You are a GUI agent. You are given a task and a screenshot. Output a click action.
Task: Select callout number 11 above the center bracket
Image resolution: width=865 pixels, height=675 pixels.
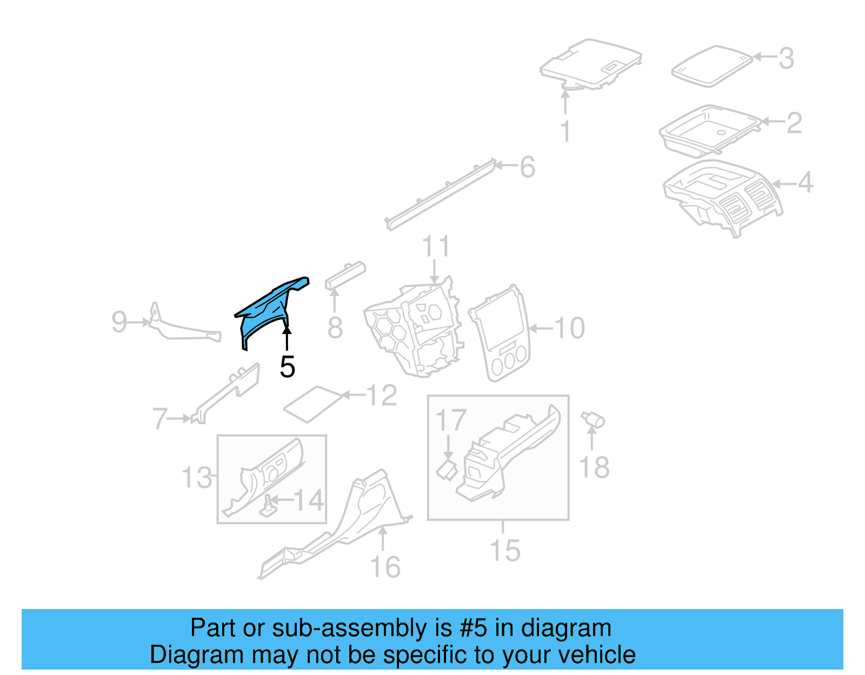[x=435, y=247]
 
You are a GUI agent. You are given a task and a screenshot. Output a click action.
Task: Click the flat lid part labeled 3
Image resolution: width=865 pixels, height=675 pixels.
[x=711, y=66]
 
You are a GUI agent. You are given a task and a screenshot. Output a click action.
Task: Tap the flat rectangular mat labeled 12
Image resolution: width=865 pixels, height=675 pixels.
[x=314, y=404]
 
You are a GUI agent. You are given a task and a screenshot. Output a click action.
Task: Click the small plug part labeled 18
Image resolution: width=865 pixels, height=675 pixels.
[x=593, y=420]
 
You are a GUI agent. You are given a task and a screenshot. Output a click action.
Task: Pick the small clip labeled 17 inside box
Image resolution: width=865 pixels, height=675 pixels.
[x=447, y=469]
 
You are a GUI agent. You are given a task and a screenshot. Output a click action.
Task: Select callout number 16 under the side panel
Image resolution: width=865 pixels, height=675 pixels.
[x=385, y=567]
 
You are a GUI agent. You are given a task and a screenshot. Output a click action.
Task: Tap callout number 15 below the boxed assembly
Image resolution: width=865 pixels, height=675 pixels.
[x=504, y=551]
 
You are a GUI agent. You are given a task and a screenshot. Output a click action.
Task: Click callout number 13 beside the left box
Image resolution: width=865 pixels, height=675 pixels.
[x=197, y=478]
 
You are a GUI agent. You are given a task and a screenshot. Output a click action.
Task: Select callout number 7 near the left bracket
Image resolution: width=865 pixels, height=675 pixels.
[x=160, y=419]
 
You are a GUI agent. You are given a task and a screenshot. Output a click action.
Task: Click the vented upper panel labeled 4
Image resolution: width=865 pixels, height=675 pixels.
[x=724, y=197]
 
